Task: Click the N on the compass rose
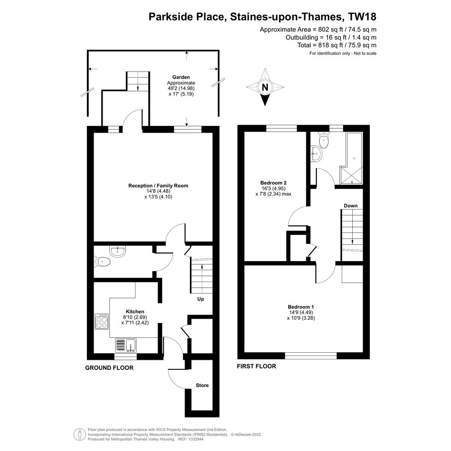pyautogui.click(x=265, y=87)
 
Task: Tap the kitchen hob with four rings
pyautogui.click(x=102, y=321)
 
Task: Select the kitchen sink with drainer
pyautogui.click(x=126, y=346)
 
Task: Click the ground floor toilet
pyautogui.click(x=102, y=262)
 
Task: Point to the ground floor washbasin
pyautogui.click(x=117, y=252)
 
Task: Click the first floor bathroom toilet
pyautogui.click(x=324, y=140)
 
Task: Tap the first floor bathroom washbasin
pyautogui.click(x=316, y=154)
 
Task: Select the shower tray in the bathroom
pyautogui.click(x=351, y=175)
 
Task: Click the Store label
pyautogui.click(x=202, y=385)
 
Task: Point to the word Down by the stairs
pyautogui.click(x=351, y=206)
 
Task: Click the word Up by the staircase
pyautogui.click(x=200, y=299)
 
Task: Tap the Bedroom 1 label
pyautogui.click(x=301, y=307)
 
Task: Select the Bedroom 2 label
pyautogui.click(x=273, y=183)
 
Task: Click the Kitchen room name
pyautogui.click(x=135, y=312)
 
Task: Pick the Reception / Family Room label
pyautogui.click(x=158, y=186)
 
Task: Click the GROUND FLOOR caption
pyautogui.click(x=109, y=368)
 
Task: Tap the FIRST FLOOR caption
pyautogui.click(x=257, y=366)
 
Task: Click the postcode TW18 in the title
pyautogui.click(x=362, y=17)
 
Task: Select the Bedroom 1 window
pyautogui.click(x=311, y=356)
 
